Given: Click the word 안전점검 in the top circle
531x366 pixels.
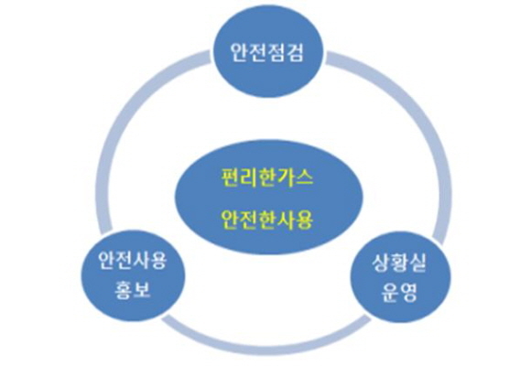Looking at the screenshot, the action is pyautogui.click(x=266, y=52).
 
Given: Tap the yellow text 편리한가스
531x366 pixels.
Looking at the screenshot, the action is pyautogui.click(x=267, y=178).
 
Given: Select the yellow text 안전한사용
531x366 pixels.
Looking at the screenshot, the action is pyautogui.click(x=267, y=220).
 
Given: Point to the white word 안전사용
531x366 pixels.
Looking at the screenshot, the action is pyautogui.click(x=133, y=261).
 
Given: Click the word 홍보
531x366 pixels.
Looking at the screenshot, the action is pyautogui.click(x=133, y=291).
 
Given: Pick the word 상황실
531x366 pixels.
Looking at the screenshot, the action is pyautogui.click(x=399, y=264).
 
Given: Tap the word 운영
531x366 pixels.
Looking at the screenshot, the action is pyautogui.click(x=399, y=292).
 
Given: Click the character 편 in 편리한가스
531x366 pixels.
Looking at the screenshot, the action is pyautogui.click(x=231, y=178).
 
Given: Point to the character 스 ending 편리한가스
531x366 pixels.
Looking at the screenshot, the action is pyautogui.click(x=304, y=178).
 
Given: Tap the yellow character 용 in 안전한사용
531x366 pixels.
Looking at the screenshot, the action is pyautogui.click(x=304, y=220).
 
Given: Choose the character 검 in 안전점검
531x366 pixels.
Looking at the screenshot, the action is pyautogui.click(x=295, y=52).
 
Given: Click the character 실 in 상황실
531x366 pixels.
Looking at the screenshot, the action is pyautogui.click(x=417, y=264).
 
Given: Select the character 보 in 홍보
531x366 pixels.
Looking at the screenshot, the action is pyautogui.click(x=142, y=291).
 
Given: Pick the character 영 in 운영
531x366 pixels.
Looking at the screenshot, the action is pyautogui.click(x=408, y=292).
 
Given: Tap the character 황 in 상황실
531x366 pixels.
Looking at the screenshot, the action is pyautogui.click(x=399, y=264).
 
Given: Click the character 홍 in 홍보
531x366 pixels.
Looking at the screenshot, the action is pyautogui.click(x=124, y=291).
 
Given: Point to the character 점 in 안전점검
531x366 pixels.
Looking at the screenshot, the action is pyautogui.click(x=276, y=52).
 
